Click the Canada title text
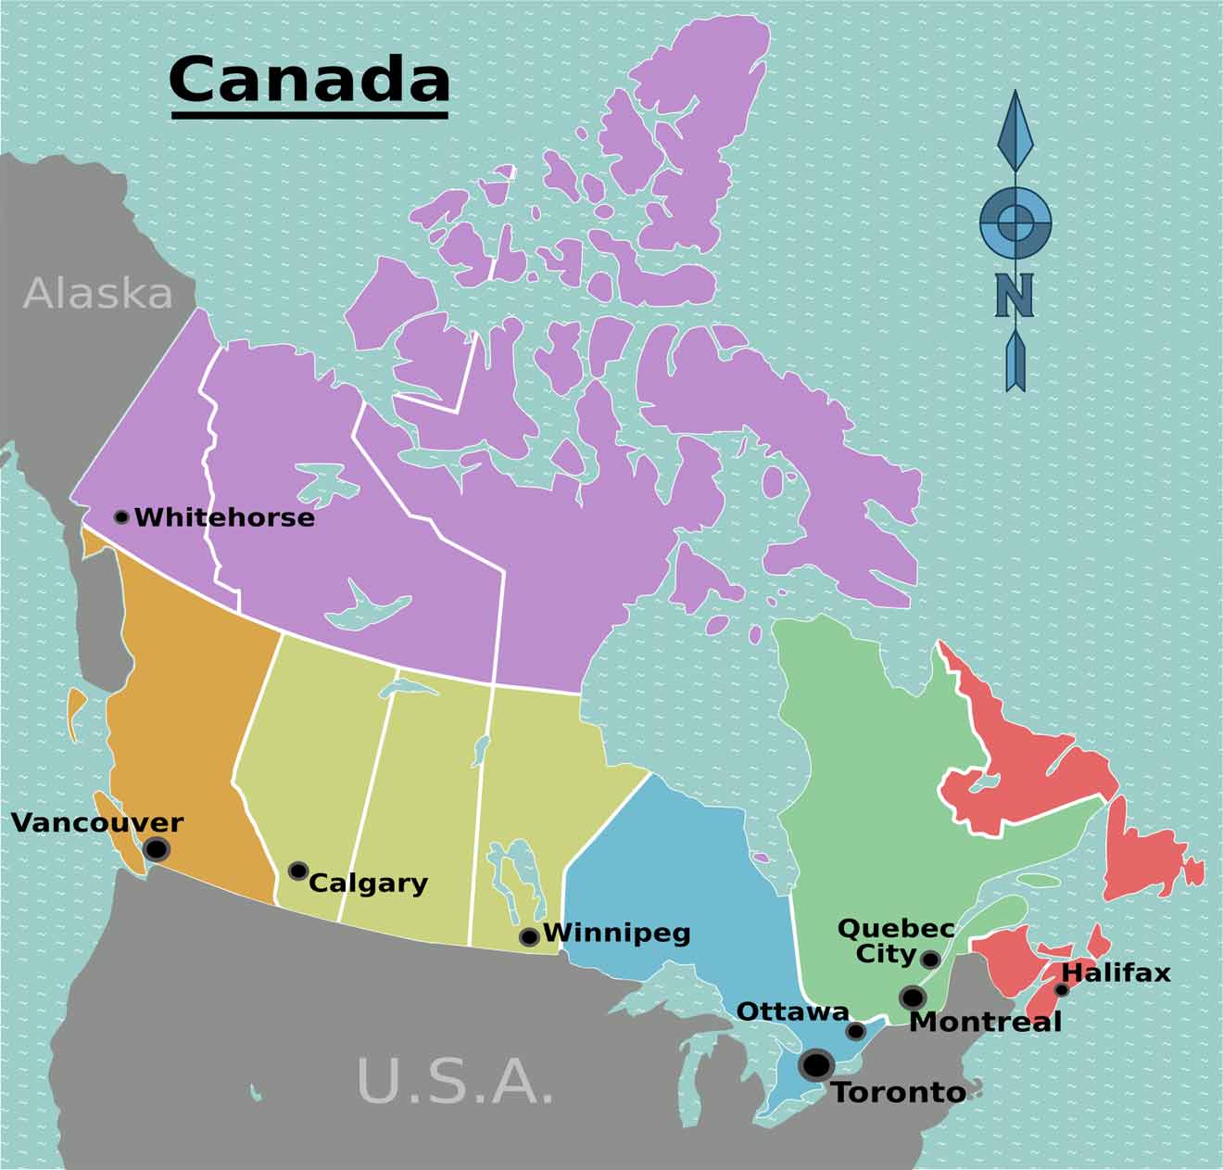(309, 81)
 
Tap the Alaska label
(98, 294)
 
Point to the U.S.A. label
(455, 1080)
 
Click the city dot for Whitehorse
(121, 516)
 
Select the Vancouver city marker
(157, 848)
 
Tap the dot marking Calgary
(298, 871)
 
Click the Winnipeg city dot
(529, 937)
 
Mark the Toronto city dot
(816, 1065)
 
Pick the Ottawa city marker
(856, 1031)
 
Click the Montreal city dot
(913, 998)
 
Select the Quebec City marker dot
(930, 959)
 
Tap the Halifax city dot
(1062, 990)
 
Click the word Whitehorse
(225, 517)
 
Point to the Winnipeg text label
(617, 932)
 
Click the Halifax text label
(1116, 973)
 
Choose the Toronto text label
(899, 1092)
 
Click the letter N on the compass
(1015, 295)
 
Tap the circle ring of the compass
(1015, 223)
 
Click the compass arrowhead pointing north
(1015, 130)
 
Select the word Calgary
(368, 883)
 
